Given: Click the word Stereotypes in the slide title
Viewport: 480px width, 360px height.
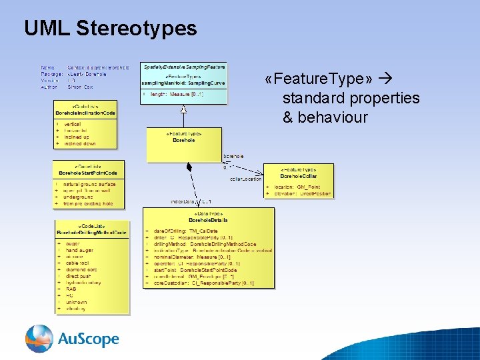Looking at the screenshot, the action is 137,28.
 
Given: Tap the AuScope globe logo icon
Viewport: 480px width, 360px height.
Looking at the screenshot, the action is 39,339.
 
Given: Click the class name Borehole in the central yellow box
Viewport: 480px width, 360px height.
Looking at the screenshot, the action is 184,141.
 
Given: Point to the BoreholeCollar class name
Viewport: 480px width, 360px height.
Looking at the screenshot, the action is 298,176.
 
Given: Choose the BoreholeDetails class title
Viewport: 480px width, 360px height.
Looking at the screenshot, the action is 208,219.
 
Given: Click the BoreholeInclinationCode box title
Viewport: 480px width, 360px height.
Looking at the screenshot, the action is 85,113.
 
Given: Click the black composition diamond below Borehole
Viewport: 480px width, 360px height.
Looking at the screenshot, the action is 189,167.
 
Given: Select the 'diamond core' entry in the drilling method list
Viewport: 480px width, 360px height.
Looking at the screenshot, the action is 81,269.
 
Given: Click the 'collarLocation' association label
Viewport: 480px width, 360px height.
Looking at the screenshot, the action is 245,179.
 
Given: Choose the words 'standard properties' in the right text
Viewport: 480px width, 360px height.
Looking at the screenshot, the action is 351,98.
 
